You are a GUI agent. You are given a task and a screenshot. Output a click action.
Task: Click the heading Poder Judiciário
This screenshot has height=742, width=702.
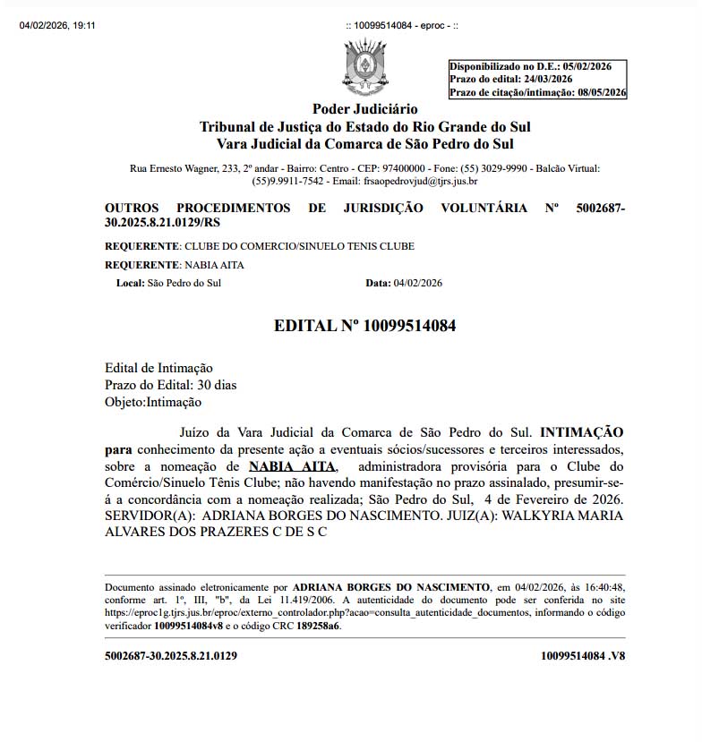(x=365, y=109)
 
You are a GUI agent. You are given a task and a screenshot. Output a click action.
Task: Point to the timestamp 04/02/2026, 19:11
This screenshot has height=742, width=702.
(x=57, y=25)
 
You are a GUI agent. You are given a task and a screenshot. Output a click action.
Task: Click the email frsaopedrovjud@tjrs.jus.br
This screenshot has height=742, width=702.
(x=418, y=181)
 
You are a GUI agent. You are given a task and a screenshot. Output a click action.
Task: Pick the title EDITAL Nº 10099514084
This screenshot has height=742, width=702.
(x=364, y=326)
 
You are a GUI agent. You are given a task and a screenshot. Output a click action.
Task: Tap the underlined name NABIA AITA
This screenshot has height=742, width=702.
(x=292, y=466)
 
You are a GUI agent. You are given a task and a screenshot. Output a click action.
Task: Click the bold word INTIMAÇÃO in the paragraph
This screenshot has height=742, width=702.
(x=582, y=431)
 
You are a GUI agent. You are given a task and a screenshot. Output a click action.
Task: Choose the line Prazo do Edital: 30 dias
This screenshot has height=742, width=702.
(x=171, y=385)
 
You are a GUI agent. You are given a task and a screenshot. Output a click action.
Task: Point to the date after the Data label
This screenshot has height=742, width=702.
(x=417, y=283)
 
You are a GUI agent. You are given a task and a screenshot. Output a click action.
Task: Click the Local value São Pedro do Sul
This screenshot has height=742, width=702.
(x=184, y=283)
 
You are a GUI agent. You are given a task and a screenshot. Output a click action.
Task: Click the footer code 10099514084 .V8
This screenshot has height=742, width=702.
(x=583, y=655)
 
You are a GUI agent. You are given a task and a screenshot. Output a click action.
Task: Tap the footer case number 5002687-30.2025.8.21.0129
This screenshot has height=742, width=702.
(x=171, y=655)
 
